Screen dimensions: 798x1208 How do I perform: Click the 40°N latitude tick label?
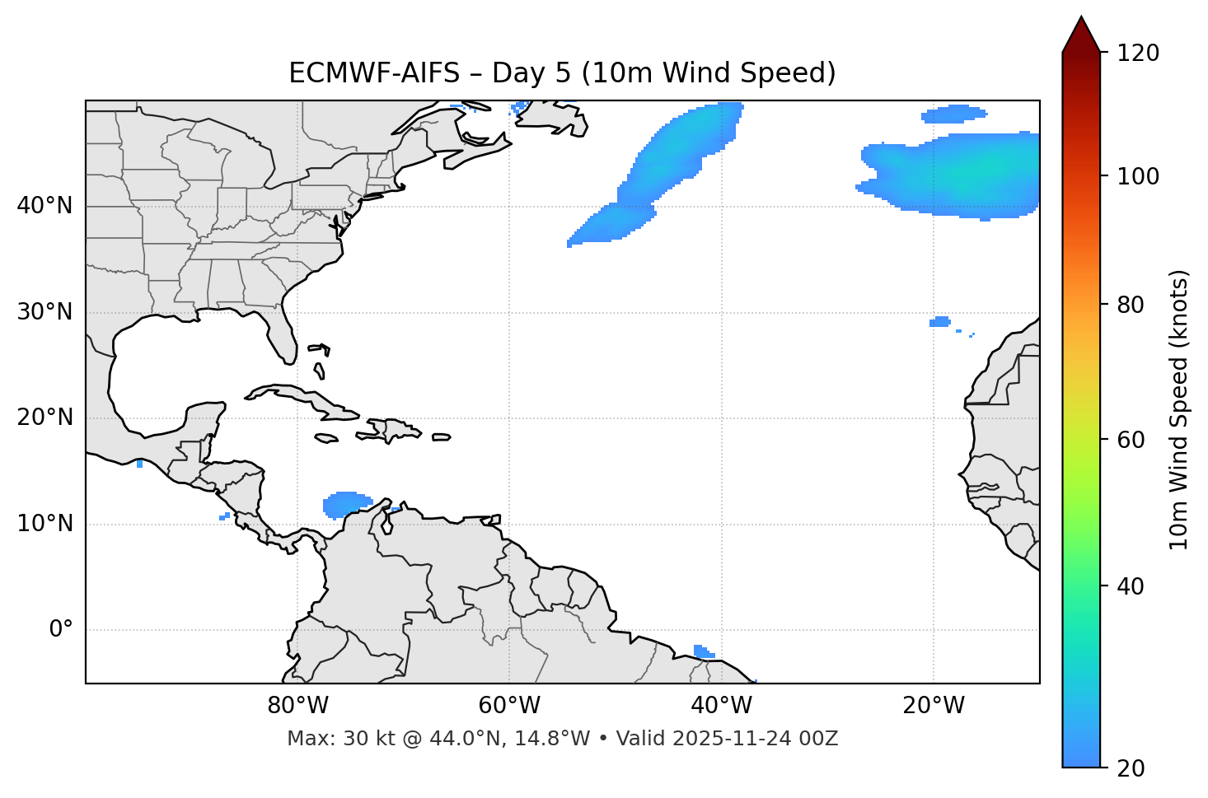coord(44,206)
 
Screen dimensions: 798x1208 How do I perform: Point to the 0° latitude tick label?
coord(60,630)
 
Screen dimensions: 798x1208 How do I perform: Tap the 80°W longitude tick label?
coord(297,706)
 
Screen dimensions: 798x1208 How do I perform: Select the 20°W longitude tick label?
coord(934,706)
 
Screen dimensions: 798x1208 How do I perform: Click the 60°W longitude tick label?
coord(509,706)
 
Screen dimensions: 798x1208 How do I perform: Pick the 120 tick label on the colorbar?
coord(1139,54)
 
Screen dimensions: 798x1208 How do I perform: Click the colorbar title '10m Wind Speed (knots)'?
coord(1179,409)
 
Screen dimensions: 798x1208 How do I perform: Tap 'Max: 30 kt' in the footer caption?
coord(330,739)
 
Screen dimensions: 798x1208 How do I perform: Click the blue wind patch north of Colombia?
coord(345,503)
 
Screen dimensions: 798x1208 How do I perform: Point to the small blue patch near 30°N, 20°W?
coord(939,322)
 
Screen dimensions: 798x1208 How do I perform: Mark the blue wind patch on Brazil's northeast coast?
coord(702,651)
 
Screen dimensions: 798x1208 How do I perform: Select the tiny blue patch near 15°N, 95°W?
coord(139,464)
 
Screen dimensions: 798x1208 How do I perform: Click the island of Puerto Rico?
coord(442,437)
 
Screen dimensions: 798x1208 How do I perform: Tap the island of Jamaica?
coord(326,439)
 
